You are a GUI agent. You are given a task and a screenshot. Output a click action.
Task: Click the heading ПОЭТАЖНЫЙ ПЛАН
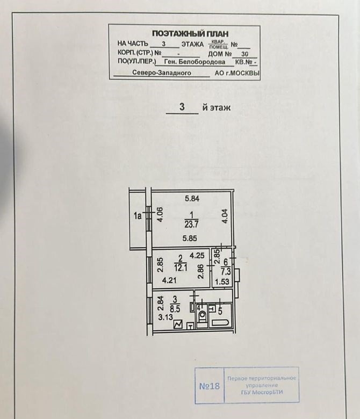190,34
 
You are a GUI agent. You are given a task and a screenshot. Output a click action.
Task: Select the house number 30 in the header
244,54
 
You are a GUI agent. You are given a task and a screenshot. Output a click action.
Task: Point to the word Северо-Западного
162,73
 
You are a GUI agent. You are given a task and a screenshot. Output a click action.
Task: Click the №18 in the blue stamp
209,386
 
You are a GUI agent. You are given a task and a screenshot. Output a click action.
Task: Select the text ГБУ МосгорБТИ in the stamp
262,392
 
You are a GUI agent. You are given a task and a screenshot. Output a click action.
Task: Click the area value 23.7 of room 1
191,224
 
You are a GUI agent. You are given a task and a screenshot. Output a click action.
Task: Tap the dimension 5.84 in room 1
192,199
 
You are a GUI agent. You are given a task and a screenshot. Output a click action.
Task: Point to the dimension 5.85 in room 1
190,238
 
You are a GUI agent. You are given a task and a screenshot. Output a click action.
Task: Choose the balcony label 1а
138,215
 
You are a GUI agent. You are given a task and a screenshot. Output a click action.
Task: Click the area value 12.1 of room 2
181,268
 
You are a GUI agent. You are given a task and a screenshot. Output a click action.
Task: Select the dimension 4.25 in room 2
197,256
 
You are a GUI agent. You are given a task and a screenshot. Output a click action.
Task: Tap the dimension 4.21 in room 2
169,280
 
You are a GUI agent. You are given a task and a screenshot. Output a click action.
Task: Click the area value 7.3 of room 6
226,272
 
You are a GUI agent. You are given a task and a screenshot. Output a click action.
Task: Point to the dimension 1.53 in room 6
222,281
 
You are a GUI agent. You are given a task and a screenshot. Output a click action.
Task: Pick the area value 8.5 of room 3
175,309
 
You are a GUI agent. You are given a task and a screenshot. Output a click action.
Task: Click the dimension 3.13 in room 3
165,317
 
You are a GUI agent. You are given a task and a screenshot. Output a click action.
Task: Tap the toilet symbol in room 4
203,317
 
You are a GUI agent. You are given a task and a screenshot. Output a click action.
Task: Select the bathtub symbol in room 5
220,322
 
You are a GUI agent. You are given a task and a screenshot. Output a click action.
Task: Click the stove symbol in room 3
178,324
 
